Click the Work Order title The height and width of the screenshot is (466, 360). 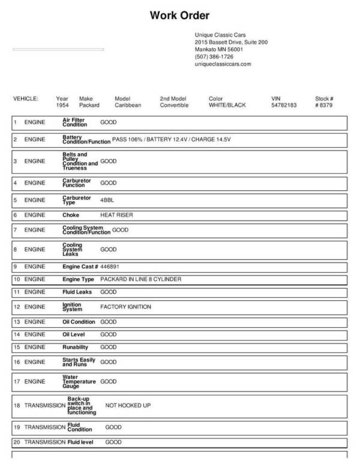click(179, 15)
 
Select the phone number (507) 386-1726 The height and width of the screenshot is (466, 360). click(214, 56)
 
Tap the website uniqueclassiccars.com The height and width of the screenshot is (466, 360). click(223, 64)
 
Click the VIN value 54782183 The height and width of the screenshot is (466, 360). click(284, 105)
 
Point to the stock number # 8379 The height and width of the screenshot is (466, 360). click(324, 105)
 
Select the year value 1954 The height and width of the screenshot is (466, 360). click(62, 105)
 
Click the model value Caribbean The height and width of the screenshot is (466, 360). click(127, 105)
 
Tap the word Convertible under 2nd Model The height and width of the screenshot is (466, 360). click(174, 105)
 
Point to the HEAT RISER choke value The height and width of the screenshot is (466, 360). click(116, 214)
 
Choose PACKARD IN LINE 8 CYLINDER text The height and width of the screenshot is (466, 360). click(140, 279)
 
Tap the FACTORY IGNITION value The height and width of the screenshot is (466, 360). click(125, 307)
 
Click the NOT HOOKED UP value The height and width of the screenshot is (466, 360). click(128, 405)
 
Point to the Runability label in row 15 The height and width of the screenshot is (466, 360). click(76, 347)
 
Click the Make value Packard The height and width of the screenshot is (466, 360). click(89, 105)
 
